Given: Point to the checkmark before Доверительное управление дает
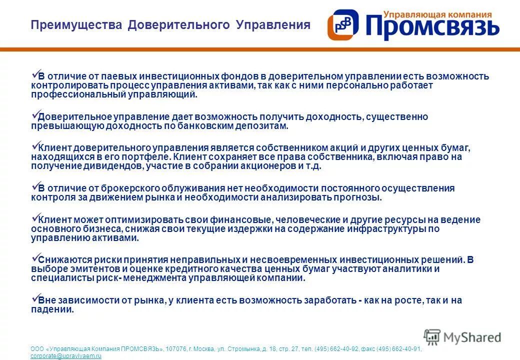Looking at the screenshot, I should click(x=35, y=114).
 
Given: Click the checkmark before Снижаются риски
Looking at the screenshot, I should click(x=35, y=257).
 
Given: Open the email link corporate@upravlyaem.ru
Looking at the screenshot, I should click(x=66, y=356).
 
